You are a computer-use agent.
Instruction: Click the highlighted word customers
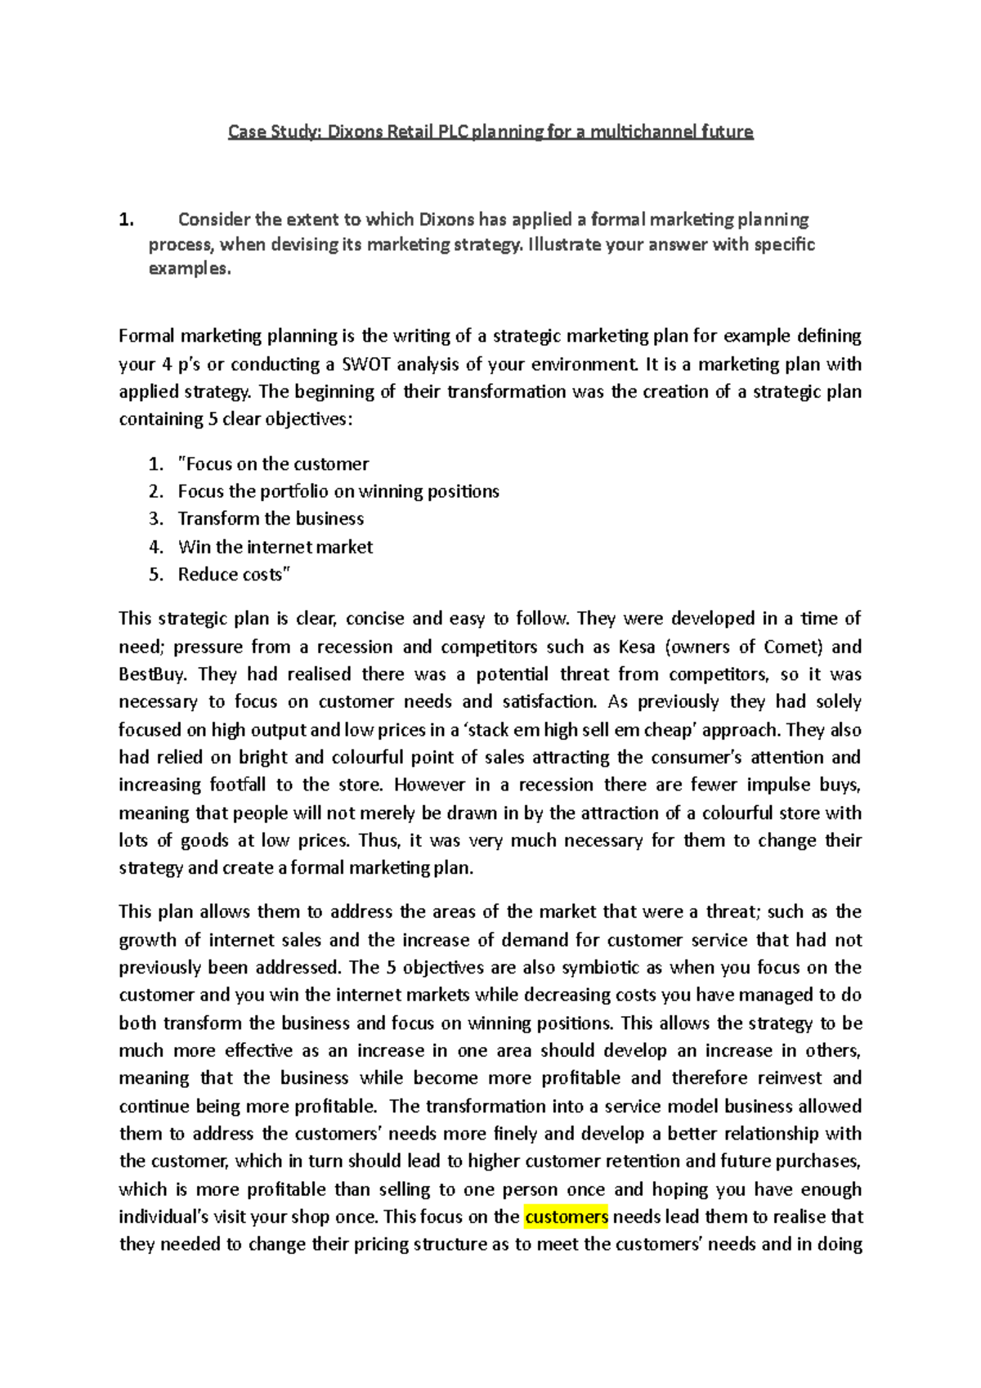(x=566, y=1217)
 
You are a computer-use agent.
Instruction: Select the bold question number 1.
(x=125, y=220)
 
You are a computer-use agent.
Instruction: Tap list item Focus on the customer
(x=273, y=464)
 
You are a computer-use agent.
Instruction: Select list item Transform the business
(x=271, y=519)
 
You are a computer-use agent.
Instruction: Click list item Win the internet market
(x=275, y=547)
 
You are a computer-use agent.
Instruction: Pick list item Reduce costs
(x=234, y=575)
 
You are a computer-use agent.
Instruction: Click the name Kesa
(x=637, y=647)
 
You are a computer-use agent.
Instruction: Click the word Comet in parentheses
(x=791, y=647)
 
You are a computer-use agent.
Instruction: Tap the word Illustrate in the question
(x=563, y=244)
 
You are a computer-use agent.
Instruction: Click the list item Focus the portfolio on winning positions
(x=338, y=491)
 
